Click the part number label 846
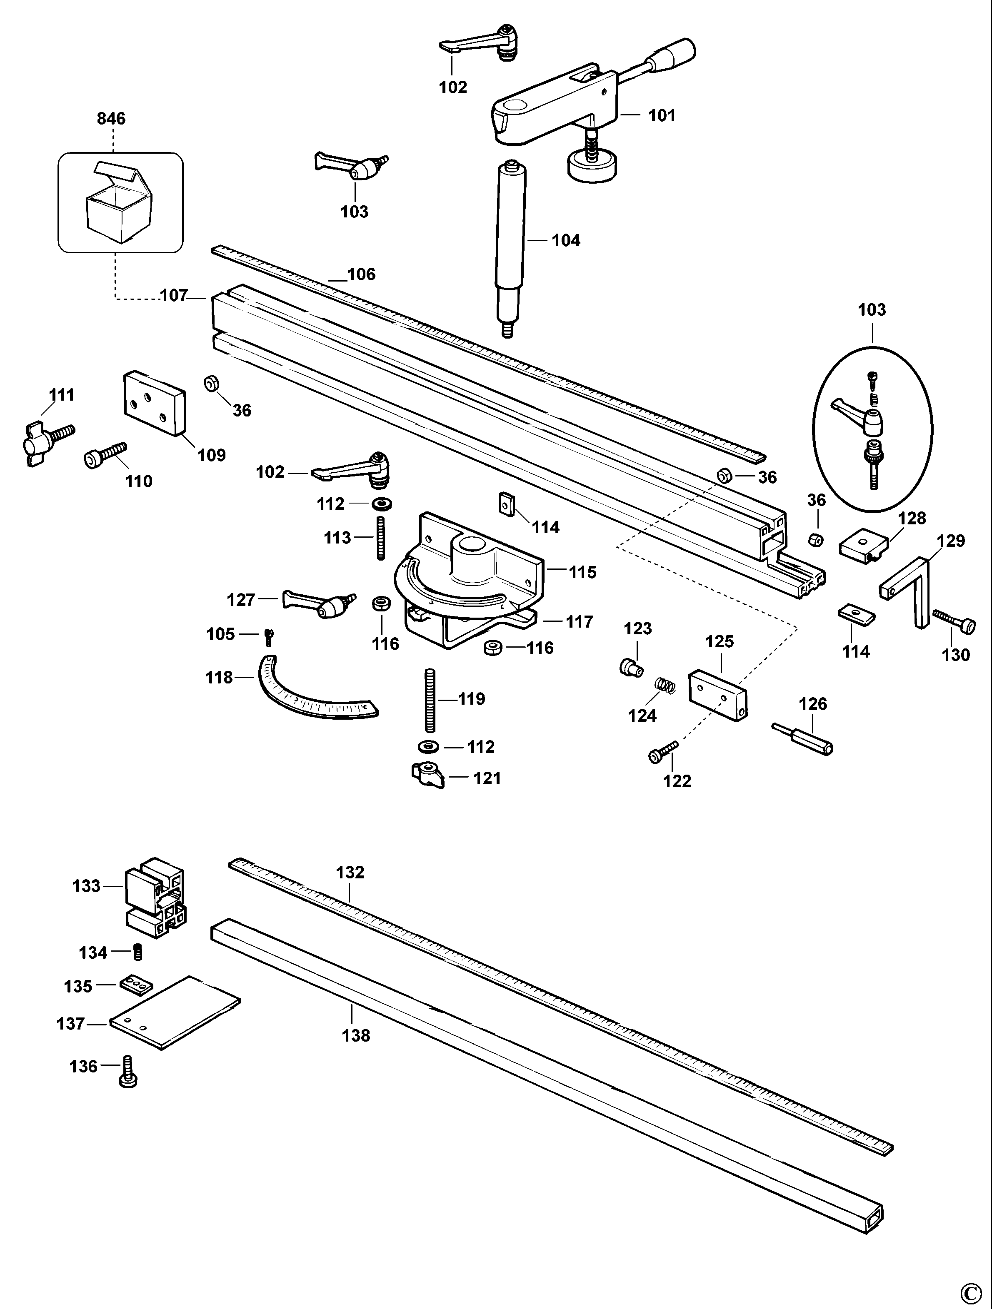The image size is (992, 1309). pyautogui.click(x=111, y=119)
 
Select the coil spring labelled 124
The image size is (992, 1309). pyautogui.click(x=666, y=686)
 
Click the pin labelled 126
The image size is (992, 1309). pyautogui.click(x=802, y=738)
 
